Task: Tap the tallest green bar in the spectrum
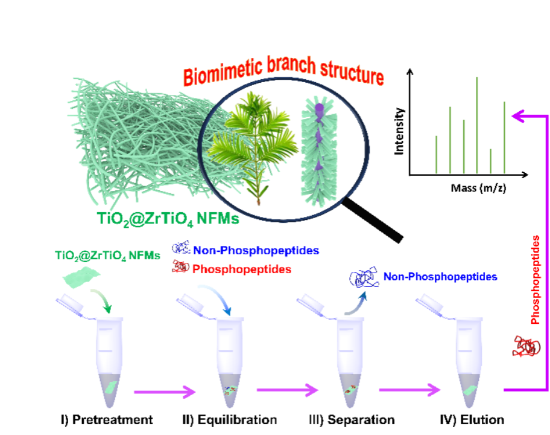(477, 125)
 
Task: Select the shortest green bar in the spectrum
(491, 161)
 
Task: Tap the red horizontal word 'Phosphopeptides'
(241, 269)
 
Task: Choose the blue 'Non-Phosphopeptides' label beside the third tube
(440, 277)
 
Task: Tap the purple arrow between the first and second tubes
(164, 392)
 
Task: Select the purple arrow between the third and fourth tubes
(409, 390)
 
